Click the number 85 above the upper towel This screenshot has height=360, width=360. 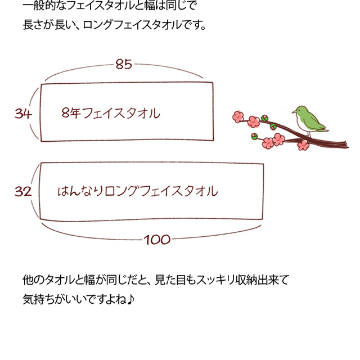124,65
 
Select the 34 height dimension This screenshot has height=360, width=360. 22,114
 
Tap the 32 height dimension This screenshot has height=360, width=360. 22,191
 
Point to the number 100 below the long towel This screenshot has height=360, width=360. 157,240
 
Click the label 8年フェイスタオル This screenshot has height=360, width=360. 111,113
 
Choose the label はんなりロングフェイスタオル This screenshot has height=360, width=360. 138,191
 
